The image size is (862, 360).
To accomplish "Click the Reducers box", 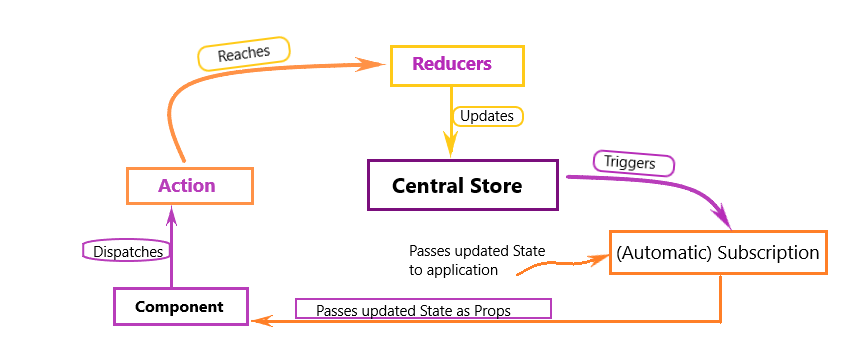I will point(453,65).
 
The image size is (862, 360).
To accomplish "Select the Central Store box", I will point(462,185).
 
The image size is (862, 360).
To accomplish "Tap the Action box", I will point(189,186).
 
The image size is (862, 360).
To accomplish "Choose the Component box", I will point(180,306).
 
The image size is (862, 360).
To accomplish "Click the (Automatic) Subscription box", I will point(719,253).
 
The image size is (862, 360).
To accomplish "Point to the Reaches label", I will point(243,54).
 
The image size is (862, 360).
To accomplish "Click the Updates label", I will point(487,116).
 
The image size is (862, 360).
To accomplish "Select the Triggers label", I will point(633,162).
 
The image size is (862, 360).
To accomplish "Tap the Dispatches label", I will point(124,252).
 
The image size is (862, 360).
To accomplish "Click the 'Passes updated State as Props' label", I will point(422,310).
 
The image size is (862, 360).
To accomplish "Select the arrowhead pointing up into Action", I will point(173,212).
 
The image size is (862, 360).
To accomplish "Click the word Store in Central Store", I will point(496,186).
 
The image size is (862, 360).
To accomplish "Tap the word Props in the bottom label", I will point(492,311).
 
